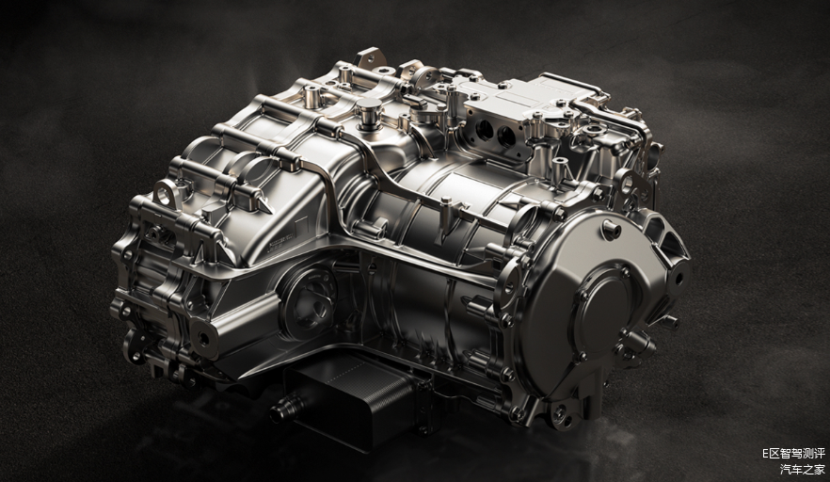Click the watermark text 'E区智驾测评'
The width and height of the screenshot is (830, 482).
pyautogui.click(x=793, y=454)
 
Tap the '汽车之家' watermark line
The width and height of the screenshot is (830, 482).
pyautogui.click(x=803, y=469)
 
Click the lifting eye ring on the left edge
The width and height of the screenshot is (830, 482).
pyautogui.click(x=166, y=191)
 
